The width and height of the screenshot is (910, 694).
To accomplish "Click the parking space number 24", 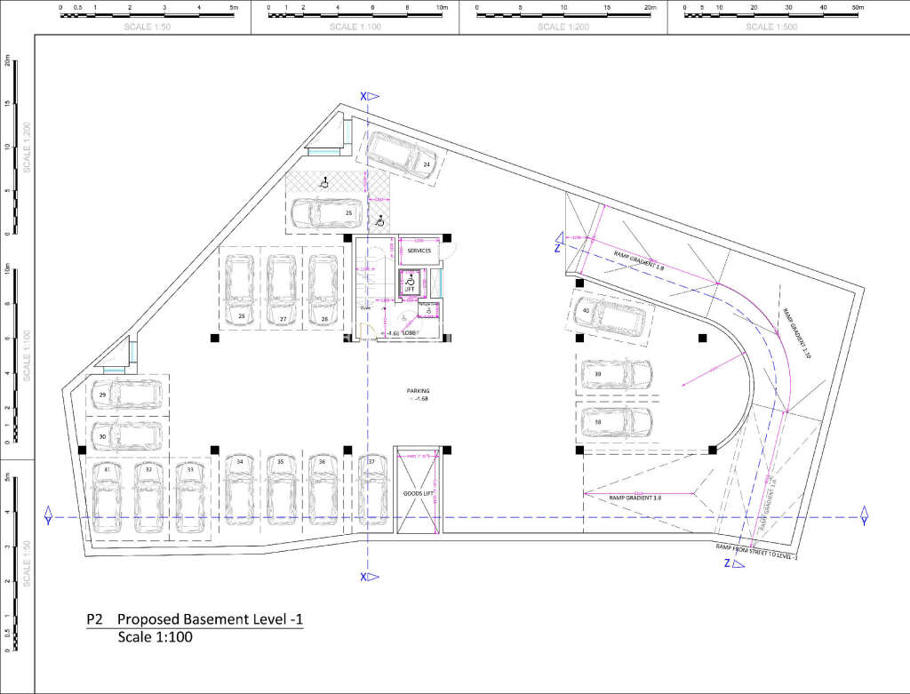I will tap(427, 165).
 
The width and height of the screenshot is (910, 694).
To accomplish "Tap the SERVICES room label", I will tap(419, 251).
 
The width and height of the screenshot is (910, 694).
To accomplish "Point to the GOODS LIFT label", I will tap(418, 491).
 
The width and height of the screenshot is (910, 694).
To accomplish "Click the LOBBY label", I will tap(410, 333).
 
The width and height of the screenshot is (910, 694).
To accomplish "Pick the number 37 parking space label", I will tap(371, 462).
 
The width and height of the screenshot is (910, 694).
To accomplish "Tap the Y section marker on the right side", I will tap(863, 517).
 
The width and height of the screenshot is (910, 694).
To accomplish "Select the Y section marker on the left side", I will tap(49, 517).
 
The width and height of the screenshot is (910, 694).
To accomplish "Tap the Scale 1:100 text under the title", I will tap(155, 637).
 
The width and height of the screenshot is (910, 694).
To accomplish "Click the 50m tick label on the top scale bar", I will tap(858, 7).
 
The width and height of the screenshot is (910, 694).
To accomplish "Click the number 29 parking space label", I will tap(103, 395).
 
